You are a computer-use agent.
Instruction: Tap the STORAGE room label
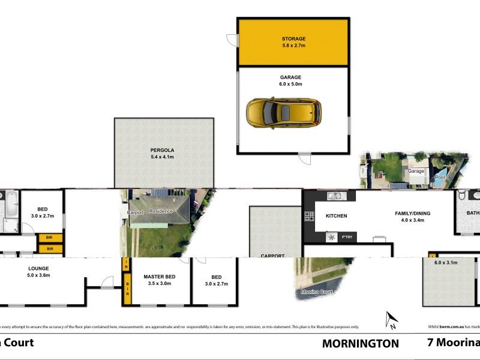293,38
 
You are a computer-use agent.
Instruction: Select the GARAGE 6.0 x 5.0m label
290,81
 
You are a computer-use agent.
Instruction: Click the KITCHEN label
336,216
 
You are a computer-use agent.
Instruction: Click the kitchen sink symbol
334,196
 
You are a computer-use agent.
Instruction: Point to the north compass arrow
391,320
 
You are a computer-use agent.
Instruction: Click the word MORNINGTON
361,344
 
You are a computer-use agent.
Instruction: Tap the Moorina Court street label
317,292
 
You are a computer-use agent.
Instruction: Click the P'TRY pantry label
347,238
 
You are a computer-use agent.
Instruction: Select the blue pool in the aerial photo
440,175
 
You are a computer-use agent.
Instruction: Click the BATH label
473,213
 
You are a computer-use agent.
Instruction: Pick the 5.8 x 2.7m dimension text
293,46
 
